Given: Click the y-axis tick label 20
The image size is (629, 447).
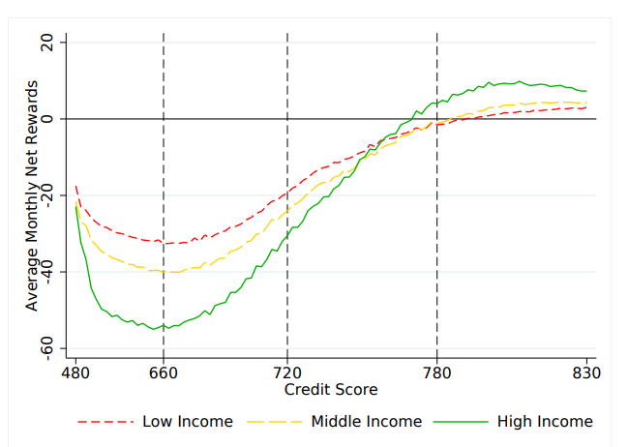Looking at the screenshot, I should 46,43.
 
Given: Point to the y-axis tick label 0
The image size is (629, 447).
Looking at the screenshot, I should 46,118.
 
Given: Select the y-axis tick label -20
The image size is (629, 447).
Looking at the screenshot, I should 46,194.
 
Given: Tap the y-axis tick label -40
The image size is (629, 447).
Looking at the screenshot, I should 46,271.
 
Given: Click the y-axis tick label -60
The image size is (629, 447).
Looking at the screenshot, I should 46,347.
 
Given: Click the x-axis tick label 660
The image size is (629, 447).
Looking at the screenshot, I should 164,372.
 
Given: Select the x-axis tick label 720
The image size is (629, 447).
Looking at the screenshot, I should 287,372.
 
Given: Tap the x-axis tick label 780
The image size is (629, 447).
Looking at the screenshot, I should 437,372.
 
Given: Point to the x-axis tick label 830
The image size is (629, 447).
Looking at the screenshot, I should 586,372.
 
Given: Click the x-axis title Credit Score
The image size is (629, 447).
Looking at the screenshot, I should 331,389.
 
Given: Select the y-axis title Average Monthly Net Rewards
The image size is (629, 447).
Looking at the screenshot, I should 32,194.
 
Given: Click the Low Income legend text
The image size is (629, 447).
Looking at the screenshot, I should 188,421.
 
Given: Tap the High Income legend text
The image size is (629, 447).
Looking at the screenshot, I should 545,421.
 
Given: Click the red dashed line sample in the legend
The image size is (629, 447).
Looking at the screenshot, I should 105,422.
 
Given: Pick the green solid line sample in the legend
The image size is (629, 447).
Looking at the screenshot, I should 460,422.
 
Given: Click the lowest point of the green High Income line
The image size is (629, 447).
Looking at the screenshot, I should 155,329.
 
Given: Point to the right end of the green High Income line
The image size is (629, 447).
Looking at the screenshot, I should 586,92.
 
